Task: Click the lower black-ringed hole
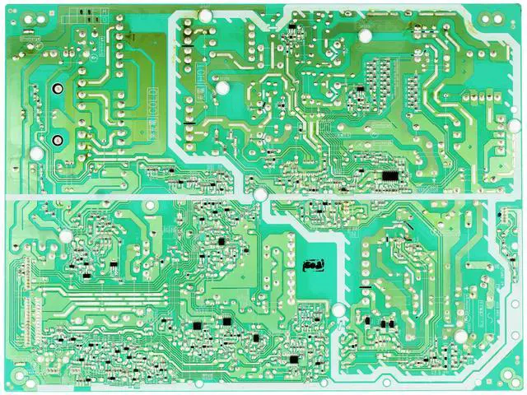(x=58, y=138)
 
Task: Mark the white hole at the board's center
(x=261, y=195)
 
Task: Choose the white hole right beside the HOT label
(x=221, y=86)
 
